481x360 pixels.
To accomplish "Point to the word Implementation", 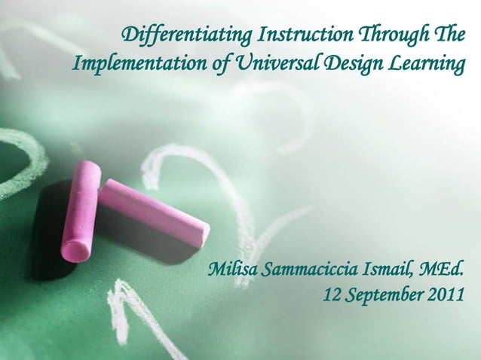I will tap(139, 66).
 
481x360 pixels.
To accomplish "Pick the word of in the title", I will tap(223, 66).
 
